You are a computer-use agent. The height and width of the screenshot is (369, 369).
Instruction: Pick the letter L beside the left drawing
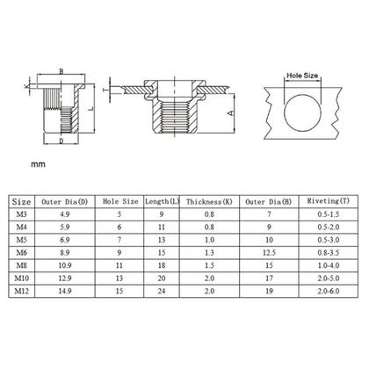[x=91, y=105]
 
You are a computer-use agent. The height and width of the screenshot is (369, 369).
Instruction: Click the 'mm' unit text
[x=37, y=164]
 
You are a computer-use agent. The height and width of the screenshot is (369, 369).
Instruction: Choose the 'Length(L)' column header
[x=162, y=200]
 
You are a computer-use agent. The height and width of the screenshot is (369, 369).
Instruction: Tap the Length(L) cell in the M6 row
[x=162, y=250]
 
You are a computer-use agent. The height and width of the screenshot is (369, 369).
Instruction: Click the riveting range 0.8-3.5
[x=322, y=250]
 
